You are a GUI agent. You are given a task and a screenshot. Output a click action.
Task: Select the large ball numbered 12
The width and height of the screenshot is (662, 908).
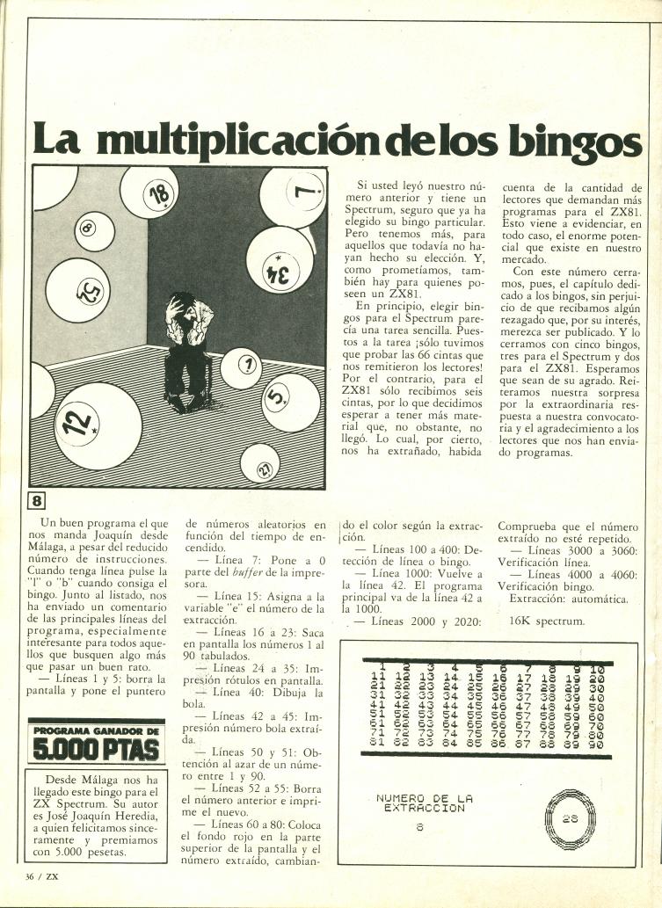(x=81, y=423)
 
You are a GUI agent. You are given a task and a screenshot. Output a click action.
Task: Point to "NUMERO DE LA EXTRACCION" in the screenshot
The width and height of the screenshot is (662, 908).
(x=424, y=803)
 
